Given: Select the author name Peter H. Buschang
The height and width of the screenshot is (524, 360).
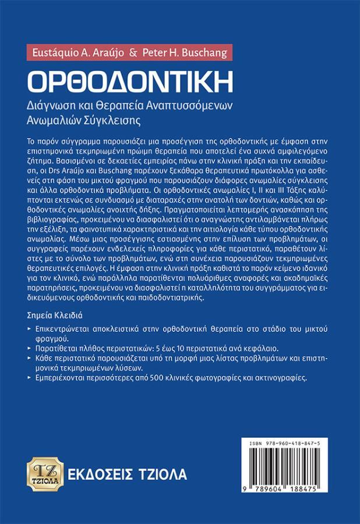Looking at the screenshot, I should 182,52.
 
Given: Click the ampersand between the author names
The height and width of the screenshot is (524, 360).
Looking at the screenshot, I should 133,52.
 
